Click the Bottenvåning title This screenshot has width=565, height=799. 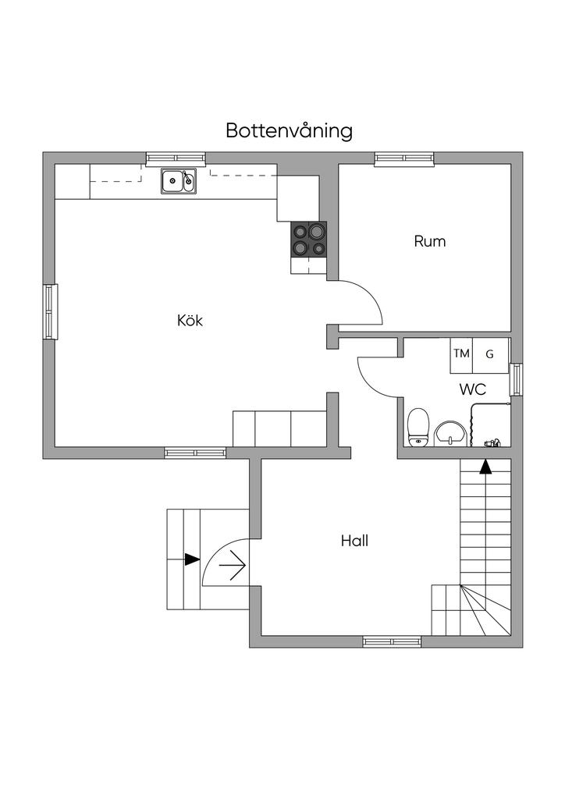[289, 130]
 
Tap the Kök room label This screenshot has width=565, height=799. [190, 320]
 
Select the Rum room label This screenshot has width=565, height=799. [429, 241]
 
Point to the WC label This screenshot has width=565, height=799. [472, 389]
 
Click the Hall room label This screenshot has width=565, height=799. [354, 540]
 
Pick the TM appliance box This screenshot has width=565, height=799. [462, 354]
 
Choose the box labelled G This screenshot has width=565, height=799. [490, 354]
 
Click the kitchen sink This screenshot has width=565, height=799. [179, 181]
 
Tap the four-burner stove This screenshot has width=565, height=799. [309, 240]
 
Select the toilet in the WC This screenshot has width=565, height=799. [418, 426]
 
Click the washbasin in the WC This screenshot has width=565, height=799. [450, 432]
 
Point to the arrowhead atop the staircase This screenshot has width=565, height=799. [485, 467]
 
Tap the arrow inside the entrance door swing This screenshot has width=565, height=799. [233, 562]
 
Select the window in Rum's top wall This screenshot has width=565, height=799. [403, 158]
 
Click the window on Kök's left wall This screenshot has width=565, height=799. [50, 311]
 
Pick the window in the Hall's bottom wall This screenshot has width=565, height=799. [392, 641]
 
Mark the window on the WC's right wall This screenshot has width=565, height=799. [516, 379]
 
